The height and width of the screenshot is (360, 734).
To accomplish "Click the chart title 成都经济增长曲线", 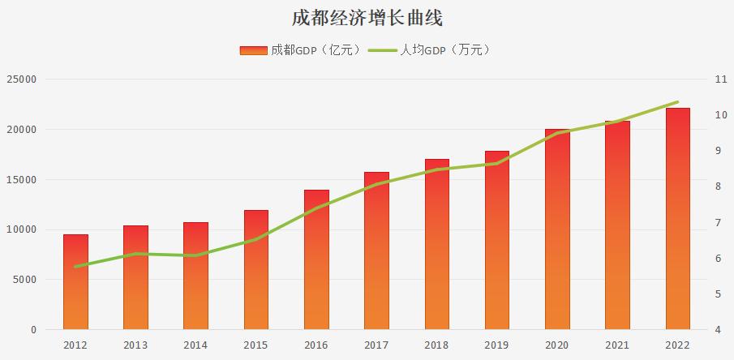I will click(367, 18).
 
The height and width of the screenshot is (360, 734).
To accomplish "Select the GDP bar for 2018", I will click(436, 244).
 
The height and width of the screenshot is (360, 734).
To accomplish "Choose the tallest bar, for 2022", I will click(677, 219).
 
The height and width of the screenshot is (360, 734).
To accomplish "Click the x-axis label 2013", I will click(135, 345).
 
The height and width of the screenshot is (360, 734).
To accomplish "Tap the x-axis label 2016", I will click(316, 345).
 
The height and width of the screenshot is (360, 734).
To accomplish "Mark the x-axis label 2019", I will click(497, 345).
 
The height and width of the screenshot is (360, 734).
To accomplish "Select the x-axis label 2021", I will click(617, 345).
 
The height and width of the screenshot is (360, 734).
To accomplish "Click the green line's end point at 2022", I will click(677, 102).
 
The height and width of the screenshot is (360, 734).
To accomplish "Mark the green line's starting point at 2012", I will click(75, 267).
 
